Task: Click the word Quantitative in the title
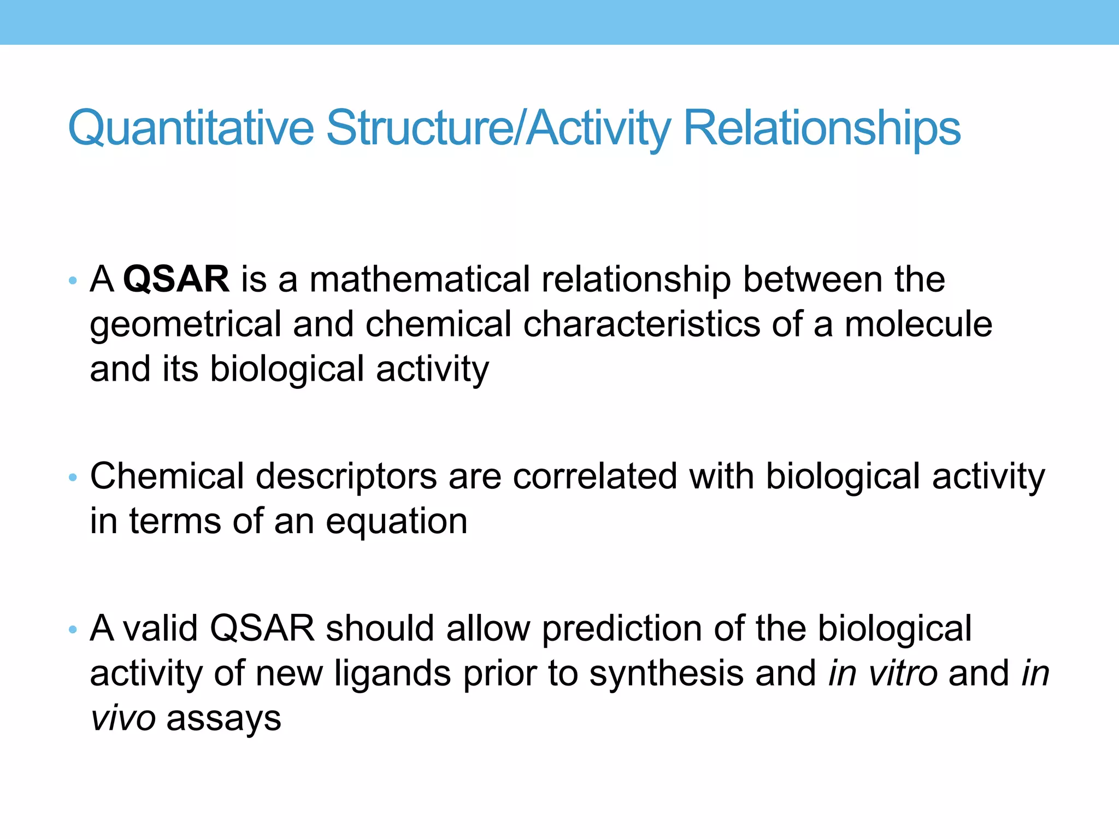tap(191, 128)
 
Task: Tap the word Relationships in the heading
tap(822, 128)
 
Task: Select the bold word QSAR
tap(176, 279)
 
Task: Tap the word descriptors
tap(346, 477)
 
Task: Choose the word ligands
tap(393, 674)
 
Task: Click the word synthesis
tap(667, 674)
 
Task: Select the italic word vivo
tap(123, 718)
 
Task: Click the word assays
tap(224, 719)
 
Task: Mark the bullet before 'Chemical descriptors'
tap(73, 478)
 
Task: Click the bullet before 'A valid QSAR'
tap(73, 630)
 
